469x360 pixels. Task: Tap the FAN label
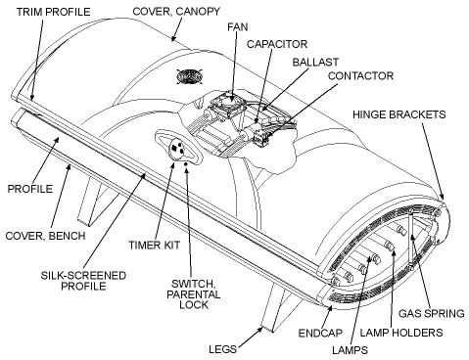point(235,28)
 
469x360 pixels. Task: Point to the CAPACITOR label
point(278,44)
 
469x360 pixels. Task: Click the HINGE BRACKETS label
point(407,114)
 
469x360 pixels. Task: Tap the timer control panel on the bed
point(177,147)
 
